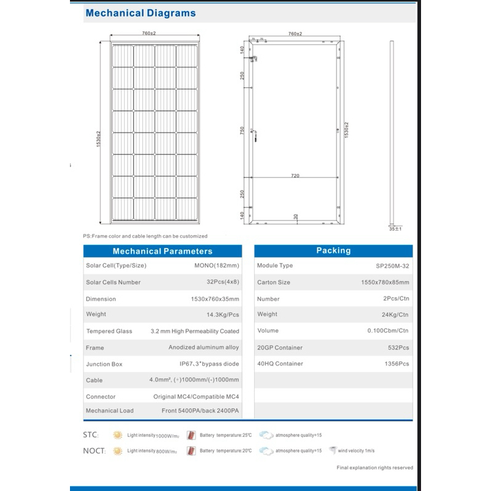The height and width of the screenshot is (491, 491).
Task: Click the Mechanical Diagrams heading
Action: pos(140,12)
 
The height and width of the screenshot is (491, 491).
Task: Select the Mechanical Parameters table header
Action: pos(162,251)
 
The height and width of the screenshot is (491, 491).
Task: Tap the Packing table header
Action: pos(333,250)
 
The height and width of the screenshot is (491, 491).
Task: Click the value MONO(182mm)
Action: pos(215,265)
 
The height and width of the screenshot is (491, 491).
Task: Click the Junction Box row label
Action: pos(104,364)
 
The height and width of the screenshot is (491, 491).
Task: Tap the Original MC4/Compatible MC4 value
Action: pos(196,396)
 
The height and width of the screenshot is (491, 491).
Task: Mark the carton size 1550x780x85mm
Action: pos(385,282)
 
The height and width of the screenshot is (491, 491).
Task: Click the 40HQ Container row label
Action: pos(280,364)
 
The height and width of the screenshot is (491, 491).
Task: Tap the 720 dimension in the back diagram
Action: pos(295,176)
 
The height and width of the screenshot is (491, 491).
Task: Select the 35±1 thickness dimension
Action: pos(395,228)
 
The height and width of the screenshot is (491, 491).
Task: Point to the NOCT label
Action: pos(94,451)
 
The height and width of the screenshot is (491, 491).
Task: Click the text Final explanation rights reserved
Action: pos(375,468)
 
